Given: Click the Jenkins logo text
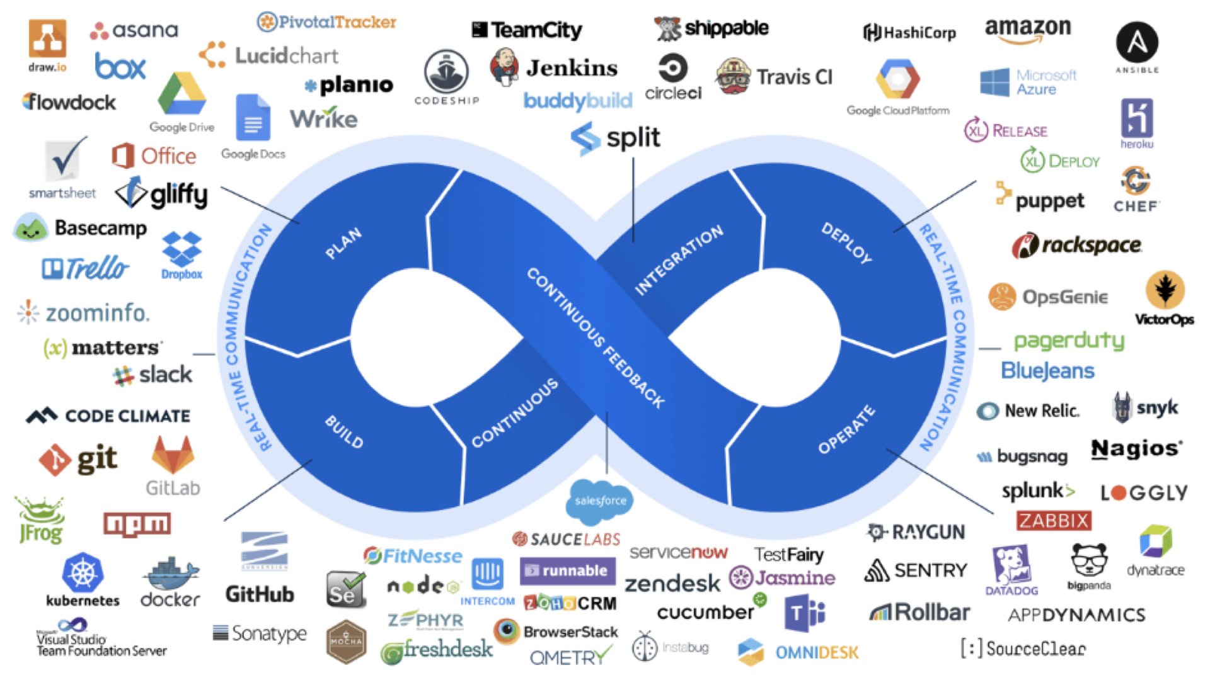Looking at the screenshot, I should pyautogui.click(x=571, y=68).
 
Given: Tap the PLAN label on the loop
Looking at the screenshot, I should pyautogui.click(x=343, y=243).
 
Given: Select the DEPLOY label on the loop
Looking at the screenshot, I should pyautogui.click(x=846, y=242).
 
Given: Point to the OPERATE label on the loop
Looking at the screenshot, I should pyautogui.click(x=846, y=429).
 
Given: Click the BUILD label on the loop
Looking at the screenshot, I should pyautogui.click(x=344, y=432).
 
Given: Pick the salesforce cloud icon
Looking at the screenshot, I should pyautogui.click(x=600, y=501).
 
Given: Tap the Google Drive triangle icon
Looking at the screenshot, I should pyautogui.click(x=181, y=94).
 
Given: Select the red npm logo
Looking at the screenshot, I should pyautogui.click(x=137, y=524).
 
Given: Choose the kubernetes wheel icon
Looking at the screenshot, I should pyautogui.click(x=83, y=573).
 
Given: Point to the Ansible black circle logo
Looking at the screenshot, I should pyautogui.click(x=1137, y=42).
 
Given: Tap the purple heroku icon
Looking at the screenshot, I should pyautogui.click(x=1137, y=118).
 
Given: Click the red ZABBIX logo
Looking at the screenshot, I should pyautogui.click(x=1054, y=521).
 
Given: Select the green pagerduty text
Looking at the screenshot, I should pyautogui.click(x=1069, y=341).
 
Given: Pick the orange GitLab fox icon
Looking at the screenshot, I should pyautogui.click(x=173, y=455).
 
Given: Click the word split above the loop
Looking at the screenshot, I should pyautogui.click(x=633, y=138).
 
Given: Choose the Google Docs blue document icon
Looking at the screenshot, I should pyautogui.click(x=253, y=118).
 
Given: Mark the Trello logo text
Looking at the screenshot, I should pyautogui.click(x=98, y=268).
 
